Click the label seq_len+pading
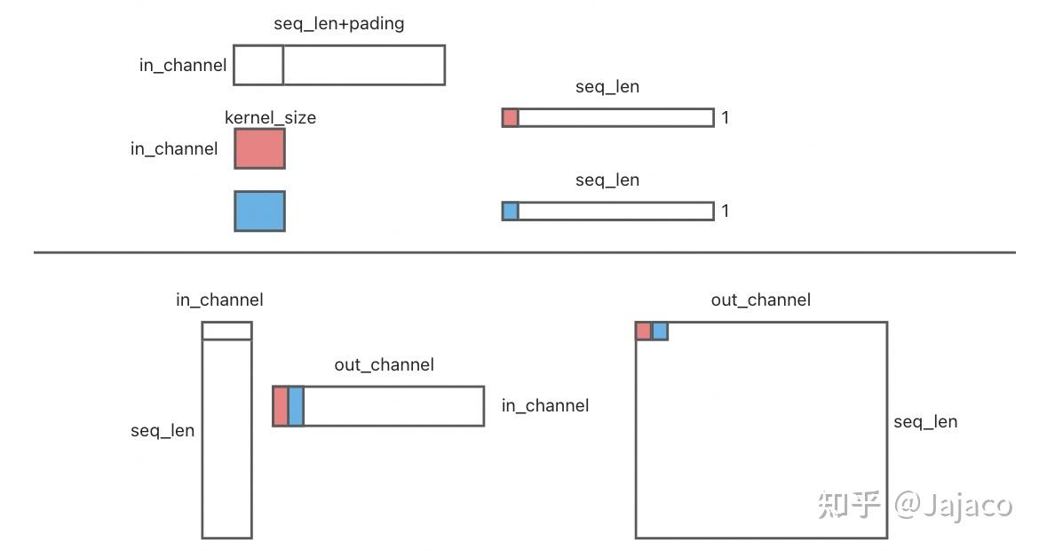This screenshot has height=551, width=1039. point(338,24)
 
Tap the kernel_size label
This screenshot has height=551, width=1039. point(270,118)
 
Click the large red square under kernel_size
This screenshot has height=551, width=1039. point(259,148)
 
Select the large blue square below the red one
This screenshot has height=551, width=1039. point(259,211)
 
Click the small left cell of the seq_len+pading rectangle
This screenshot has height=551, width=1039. point(258,65)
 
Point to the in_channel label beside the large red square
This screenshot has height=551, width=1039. point(174,149)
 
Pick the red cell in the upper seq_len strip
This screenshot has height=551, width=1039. point(511,117)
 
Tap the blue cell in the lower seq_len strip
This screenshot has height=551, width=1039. point(511,211)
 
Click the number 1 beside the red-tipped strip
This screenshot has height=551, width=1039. point(726,117)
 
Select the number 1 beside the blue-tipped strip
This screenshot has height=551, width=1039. point(726,211)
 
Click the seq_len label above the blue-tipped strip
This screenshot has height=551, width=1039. point(607,180)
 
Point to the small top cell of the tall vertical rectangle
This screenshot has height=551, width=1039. point(226,331)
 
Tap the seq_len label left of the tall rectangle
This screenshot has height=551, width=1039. point(163,431)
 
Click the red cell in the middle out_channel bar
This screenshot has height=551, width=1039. point(281,406)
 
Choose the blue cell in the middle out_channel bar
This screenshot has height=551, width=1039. point(297,406)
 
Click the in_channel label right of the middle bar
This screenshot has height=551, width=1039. point(545,406)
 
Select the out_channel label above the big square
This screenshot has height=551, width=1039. point(761,300)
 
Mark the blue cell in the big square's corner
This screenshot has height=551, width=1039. point(660,331)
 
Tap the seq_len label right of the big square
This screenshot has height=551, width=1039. point(925,422)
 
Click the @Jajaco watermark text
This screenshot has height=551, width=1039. point(953,506)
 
